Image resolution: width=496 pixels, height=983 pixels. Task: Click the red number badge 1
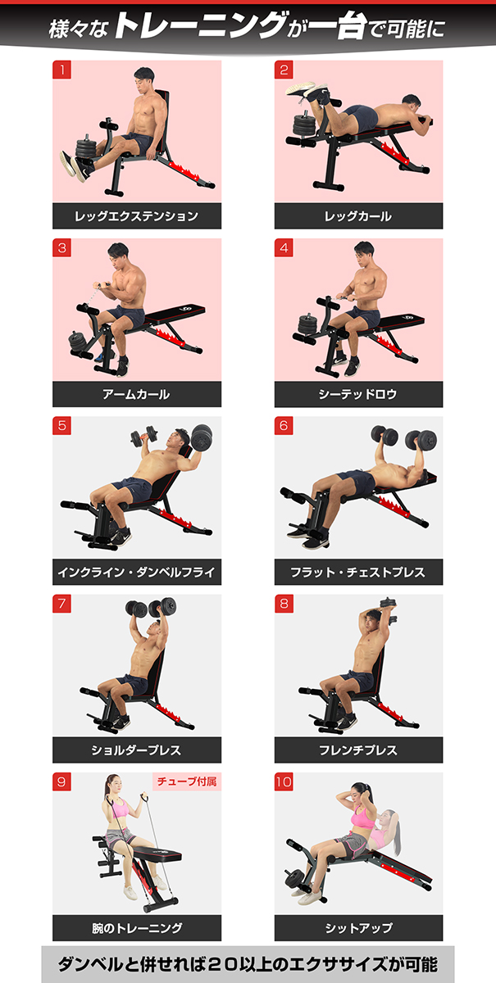pos(62,70)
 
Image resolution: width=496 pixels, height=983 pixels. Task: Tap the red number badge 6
pos(284,426)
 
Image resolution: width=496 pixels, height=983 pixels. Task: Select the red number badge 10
pos(284,782)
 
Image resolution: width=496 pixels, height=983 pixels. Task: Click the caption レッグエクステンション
pos(137,216)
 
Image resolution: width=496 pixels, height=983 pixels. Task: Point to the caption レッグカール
pos(358,216)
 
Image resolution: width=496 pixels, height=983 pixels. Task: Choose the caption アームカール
pos(137,394)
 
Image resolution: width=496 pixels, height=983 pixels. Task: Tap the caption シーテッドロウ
pos(358,394)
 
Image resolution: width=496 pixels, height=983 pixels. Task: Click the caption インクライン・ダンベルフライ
pos(137,572)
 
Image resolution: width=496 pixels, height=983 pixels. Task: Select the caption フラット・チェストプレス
pos(358,572)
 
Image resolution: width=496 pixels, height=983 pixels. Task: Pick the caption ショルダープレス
pos(137,750)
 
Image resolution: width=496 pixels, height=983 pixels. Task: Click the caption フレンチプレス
pos(358,750)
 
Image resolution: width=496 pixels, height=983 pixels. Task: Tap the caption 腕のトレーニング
pos(137,927)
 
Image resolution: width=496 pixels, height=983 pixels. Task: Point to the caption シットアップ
pos(358,927)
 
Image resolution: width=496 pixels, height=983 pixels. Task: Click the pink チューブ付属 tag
pos(186,781)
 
